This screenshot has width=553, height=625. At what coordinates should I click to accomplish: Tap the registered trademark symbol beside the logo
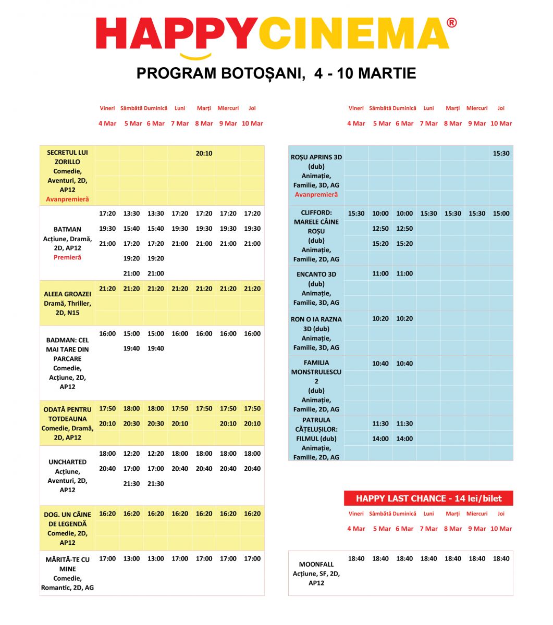[452, 23]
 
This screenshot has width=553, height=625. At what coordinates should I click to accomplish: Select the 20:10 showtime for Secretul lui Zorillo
[204, 154]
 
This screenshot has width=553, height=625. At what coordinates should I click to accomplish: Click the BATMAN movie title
[67, 229]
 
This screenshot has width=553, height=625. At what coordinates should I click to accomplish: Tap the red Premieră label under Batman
[67, 257]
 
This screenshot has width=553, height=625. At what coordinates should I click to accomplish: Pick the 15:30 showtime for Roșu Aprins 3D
[501, 154]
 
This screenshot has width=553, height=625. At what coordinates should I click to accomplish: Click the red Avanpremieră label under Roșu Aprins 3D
[316, 195]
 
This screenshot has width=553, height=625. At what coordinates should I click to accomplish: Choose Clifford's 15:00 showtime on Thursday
[501, 214]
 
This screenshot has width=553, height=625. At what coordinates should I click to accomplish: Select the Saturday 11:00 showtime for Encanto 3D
[380, 273]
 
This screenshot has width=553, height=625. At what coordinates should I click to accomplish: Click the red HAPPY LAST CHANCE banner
[428, 498]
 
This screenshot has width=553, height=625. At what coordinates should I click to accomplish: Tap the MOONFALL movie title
[316, 564]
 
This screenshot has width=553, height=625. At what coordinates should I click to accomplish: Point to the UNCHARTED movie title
[67, 462]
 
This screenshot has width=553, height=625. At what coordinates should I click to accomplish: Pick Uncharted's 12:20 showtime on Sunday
[155, 454]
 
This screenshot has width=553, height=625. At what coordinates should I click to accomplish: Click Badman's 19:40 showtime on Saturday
[131, 348]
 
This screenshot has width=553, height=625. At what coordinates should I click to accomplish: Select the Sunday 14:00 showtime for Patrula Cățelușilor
[404, 439]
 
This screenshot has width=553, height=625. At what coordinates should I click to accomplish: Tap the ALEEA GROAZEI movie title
[67, 294]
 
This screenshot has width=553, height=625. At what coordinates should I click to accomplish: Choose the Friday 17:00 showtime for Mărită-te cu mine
[107, 559]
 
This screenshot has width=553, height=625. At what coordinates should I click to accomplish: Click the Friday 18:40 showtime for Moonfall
[356, 559]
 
